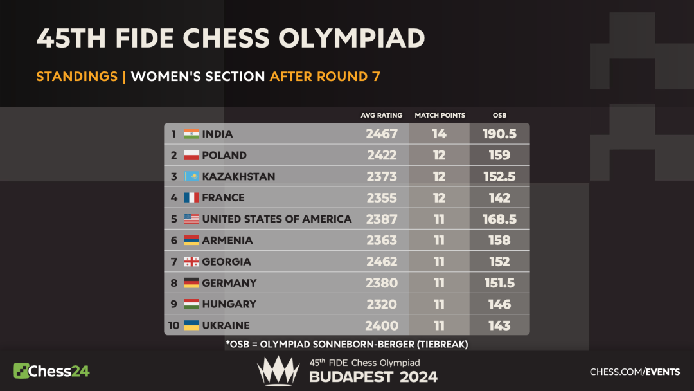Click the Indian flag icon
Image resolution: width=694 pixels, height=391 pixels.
191,134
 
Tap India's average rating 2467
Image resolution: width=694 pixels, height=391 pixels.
382,134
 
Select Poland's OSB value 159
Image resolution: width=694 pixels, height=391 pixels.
499,155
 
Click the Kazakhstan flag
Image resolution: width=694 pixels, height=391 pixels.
191,176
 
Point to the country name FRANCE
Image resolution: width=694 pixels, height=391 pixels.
223,197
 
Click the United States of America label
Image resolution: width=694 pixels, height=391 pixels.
276,219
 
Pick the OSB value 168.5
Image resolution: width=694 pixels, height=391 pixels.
499,219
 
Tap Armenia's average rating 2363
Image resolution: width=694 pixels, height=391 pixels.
382,240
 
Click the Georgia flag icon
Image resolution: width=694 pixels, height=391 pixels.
191,261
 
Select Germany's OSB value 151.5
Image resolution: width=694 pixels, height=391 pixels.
499,282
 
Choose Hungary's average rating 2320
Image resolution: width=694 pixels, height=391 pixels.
382,304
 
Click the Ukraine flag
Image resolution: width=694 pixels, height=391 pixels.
191,325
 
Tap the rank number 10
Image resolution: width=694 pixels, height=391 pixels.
173,325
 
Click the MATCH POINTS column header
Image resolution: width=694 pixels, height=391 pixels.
440,115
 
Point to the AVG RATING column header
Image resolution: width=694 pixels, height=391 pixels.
382,115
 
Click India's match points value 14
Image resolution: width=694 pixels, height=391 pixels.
440,134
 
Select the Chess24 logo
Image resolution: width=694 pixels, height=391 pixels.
51,370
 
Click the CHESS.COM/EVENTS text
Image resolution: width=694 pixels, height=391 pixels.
635,372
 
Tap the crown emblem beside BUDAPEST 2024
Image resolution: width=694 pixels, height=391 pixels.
278,371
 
